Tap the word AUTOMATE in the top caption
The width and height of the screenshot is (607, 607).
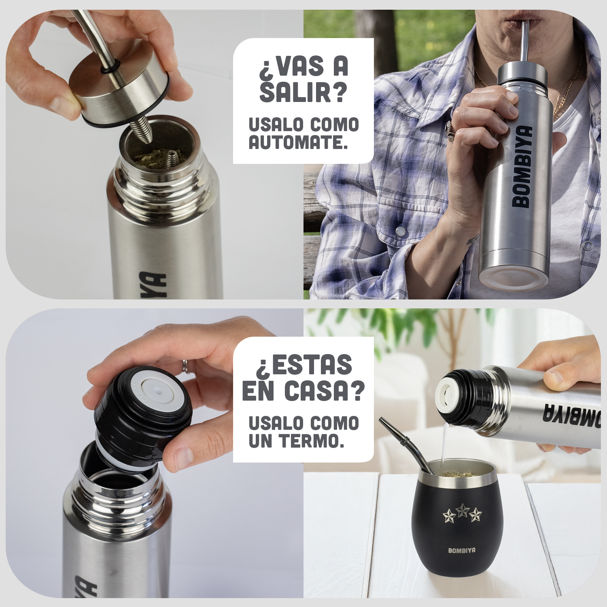tap(298, 142)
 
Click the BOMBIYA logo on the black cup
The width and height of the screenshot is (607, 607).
tap(462, 550)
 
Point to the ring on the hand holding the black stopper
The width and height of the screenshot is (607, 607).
tap(185, 365)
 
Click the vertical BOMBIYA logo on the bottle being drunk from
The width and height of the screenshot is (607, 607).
tap(522, 167)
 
